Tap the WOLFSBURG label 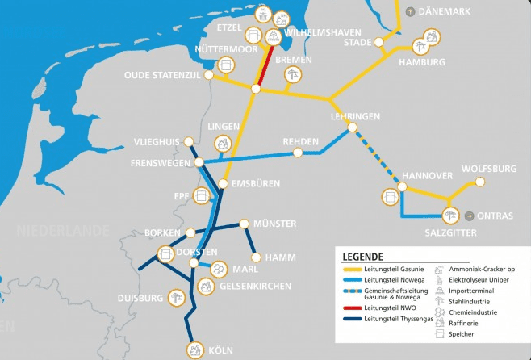point(488,169)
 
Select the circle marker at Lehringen point(351,128)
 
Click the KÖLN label point(220,350)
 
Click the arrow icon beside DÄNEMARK point(411,11)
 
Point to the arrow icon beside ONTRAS point(470,216)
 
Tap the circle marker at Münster point(244,224)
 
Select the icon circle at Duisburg point(177,297)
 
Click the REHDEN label point(300,141)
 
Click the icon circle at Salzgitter point(450,215)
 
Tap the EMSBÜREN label point(256,184)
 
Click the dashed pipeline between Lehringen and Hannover point(378,158)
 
